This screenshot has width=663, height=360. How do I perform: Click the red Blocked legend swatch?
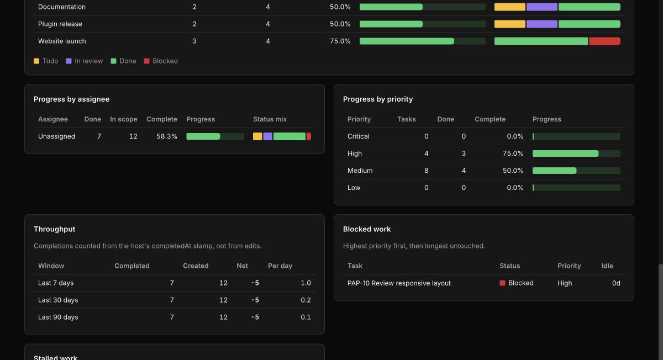point(146,61)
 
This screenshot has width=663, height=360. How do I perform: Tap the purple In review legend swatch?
point(69,61)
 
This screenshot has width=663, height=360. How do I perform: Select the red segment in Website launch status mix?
point(604,41)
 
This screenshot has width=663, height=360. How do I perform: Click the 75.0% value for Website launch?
point(340,41)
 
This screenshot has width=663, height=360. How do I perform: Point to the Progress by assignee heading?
point(72,99)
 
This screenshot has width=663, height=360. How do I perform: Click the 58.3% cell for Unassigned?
point(167,136)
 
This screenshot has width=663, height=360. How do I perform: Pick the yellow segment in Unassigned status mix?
point(257,136)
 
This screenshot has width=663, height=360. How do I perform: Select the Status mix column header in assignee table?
point(270,119)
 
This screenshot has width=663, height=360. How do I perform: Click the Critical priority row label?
point(359,136)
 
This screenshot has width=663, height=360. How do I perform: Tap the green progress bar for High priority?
point(565,153)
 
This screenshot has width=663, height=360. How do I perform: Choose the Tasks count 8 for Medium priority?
point(426,171)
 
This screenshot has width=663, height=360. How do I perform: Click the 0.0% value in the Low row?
point(515,188)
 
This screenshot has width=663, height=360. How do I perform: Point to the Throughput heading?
point(55,229)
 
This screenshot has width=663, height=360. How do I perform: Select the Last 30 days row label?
point(58,300)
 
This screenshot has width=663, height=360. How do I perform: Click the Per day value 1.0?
point(306,283)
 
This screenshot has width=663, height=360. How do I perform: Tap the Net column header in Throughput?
point(242,266)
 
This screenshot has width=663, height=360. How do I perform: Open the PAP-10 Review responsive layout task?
point(399,283)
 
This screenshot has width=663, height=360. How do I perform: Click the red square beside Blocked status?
point(502,283)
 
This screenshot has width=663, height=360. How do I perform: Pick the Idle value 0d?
point(616,283)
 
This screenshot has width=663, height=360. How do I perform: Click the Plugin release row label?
point(60,24)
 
